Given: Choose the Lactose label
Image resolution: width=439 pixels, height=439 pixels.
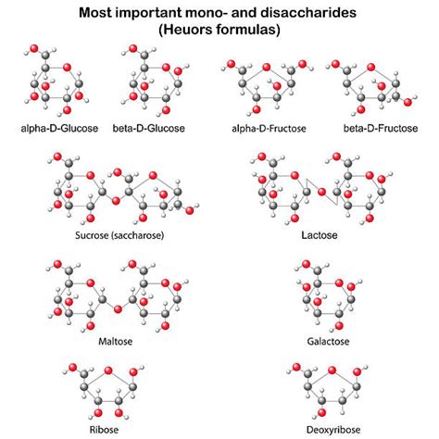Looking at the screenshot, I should [320, 236].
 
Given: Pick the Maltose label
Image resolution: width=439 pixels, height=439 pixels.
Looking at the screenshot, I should [115, 341].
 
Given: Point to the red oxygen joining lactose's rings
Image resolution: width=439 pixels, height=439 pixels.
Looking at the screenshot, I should [320, 192].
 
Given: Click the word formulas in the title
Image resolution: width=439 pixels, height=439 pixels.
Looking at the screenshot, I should [245, 30].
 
